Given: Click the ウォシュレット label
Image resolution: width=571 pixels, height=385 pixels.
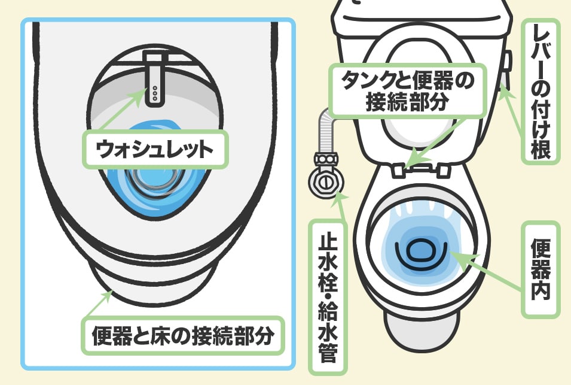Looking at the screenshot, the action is pyautogui.click(x=155, y=150).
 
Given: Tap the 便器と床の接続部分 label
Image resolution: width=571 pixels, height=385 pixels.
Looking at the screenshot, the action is pyautogui.click(x=182, y=335).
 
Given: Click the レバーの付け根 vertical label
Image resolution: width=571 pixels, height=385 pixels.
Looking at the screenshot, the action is pyautogui.click(x=541, y=92).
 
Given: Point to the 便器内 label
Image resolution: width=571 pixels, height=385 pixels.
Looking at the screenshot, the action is pyautogui.click(x=541, y=269).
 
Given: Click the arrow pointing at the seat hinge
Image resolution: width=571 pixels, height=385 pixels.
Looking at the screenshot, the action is pyautogui.click(x=437, y=143).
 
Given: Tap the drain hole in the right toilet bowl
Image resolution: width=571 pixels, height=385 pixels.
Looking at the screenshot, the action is pyautogui.click(x=420, y=251).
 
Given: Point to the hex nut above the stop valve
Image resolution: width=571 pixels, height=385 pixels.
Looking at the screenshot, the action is pyautogui.click(x=325, y=160).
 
